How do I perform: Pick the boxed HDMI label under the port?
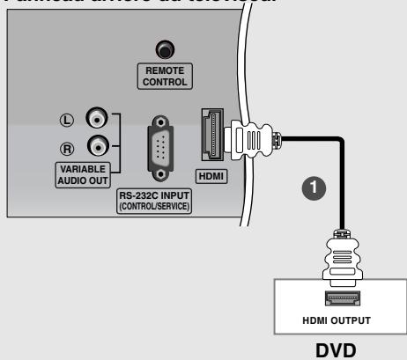pos(211,176)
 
